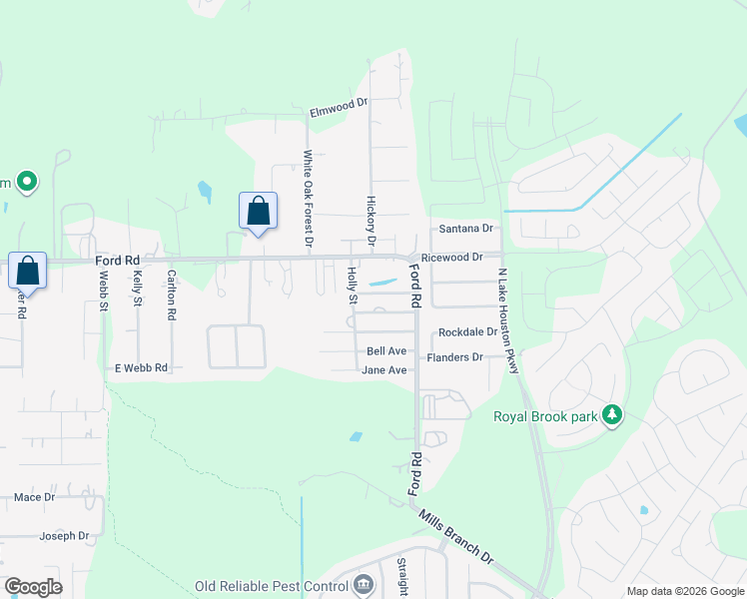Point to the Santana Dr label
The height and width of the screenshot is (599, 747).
(x=466, y=229)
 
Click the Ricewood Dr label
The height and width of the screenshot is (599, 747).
(x=451, y=258)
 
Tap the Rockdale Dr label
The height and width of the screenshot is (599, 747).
(x=466, y=332)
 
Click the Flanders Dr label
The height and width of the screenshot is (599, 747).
(x=454, y=357)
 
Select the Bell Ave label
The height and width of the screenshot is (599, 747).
(x=386, y=351)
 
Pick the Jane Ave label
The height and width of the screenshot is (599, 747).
(x=385, y=370)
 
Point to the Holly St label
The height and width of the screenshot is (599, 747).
(x=352, y=285)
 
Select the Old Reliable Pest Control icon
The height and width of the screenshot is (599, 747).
(x=363, y=584)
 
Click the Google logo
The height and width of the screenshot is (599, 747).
(x=33, y=587)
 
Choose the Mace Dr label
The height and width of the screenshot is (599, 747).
(x=34, y=496)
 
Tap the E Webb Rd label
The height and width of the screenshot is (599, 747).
(x=141, y=368)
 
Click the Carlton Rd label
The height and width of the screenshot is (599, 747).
(x=172, y=295)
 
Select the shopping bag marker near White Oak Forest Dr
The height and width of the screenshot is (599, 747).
(x=258, y=212)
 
